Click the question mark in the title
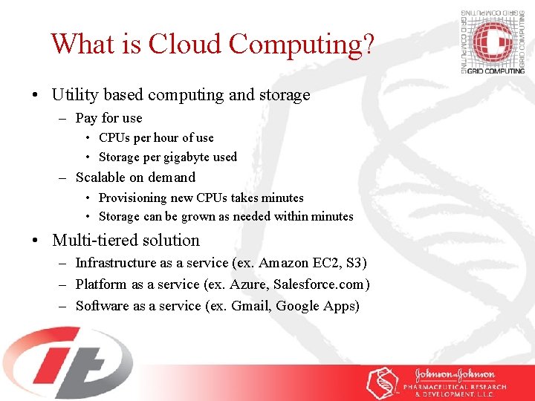(x=366, y=44)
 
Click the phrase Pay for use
(x=108, y=118)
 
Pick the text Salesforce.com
(x=319, y=284)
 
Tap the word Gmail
(x=250, y=306)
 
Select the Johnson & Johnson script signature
(x=455, y=374)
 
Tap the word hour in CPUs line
(x=166, y=137)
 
